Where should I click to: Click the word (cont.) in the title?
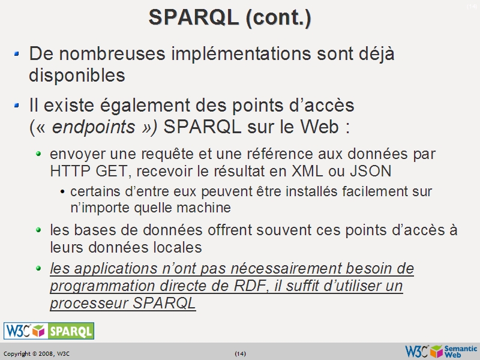(x=278, y=17)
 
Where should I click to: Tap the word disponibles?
(x=77, y=76)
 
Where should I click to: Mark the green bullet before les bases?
(x=39, y=230)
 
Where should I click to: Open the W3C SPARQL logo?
(x=49, y=331)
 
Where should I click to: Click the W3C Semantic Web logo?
(x=441, y=351)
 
